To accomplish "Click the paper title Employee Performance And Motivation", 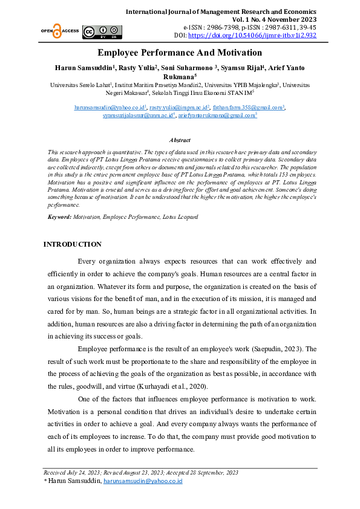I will click(180, 53).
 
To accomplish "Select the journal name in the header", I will click(221, 11).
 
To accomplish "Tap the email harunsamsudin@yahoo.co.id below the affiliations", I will click(106, 107).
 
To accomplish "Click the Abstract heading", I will click(180, 140).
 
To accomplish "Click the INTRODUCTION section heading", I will click(72, 244).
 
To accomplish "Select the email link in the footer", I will click(143, 481).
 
